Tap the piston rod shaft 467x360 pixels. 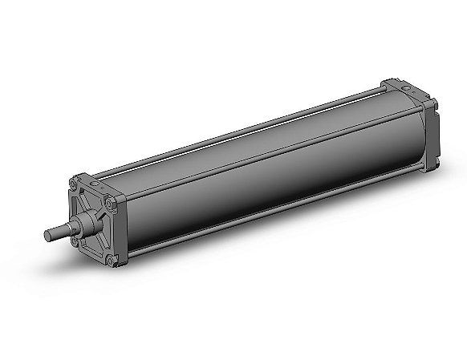[x=60, y=231]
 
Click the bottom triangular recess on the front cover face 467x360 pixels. [x=97, y=249]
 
